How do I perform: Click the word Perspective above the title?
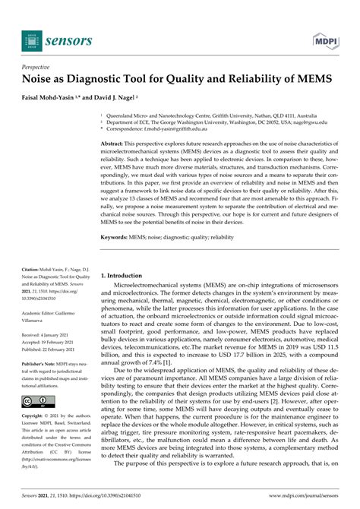click(43, 68)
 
